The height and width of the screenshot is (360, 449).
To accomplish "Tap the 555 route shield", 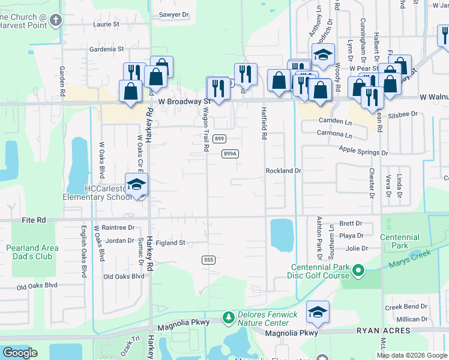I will coord(208,260).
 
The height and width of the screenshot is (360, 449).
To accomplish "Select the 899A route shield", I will coord(231,154).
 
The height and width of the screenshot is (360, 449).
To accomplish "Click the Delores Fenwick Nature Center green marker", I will coord(228,316).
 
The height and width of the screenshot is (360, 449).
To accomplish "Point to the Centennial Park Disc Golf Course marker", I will coord(358,271).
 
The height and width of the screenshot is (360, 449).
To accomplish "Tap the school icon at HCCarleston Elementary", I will coord(136,184).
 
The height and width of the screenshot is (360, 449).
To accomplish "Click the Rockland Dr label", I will coord(283,171).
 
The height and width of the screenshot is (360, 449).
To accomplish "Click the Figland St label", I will coord(170,243).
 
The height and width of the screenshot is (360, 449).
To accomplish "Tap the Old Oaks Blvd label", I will coord(124,277).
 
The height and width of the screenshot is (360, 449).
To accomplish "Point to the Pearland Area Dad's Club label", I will coord(33,252).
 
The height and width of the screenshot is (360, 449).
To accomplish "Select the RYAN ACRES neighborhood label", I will coord(383,331).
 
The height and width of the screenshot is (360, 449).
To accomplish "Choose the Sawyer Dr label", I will coord(173,14).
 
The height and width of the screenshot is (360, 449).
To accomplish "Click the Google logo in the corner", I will coord(20,353).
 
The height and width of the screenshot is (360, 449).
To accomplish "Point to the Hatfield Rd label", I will coord(263,123).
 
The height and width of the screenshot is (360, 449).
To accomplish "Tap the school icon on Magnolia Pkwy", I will coord(318,311).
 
